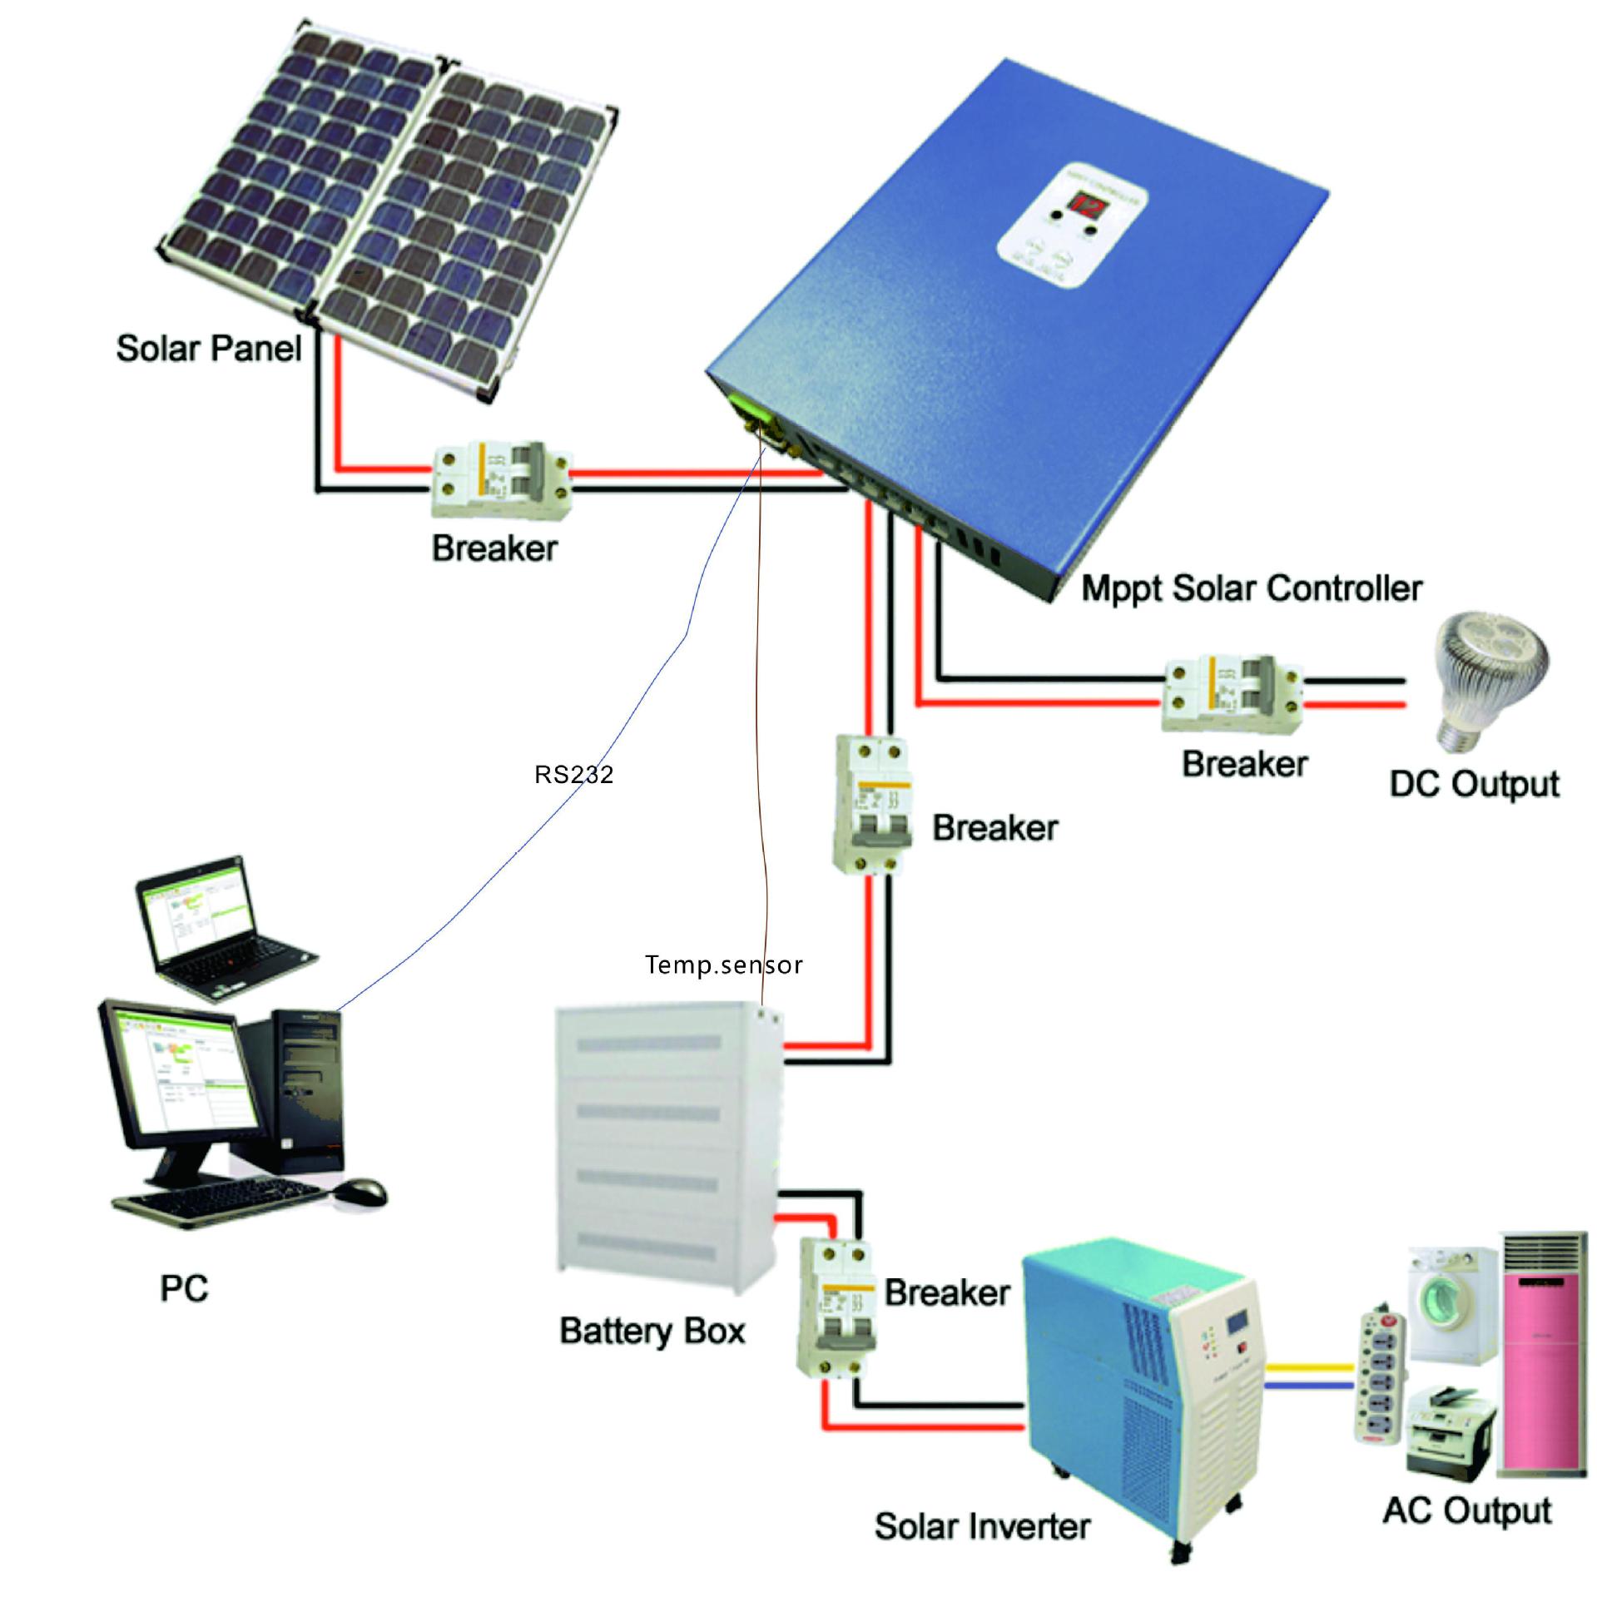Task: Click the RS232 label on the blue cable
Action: tap(573, 775)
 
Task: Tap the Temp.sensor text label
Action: tap(723, 965)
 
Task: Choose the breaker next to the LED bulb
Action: tap(1232, 694)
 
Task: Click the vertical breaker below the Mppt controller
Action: tap(872, 804)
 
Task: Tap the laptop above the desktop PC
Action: tap(218, 925)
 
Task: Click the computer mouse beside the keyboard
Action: tap(361, 1192)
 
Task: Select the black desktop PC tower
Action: tap(305, 1090)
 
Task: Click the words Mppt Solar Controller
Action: tap(1251, 588)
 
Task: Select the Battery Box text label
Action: tap(652, 1330)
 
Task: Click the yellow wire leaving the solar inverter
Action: tap(1308, 1366)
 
